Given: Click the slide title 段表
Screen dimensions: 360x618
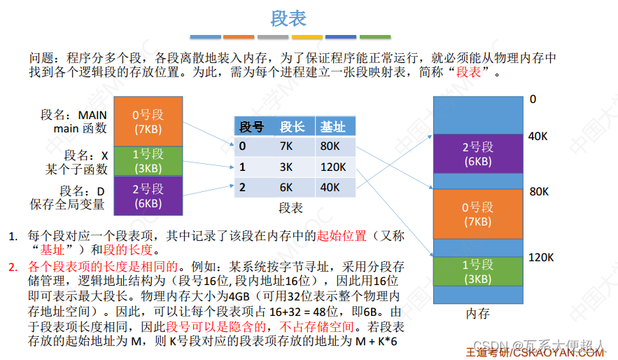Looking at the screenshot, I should [x=288, y=19].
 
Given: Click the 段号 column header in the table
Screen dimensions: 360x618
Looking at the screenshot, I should [x=251, y=127].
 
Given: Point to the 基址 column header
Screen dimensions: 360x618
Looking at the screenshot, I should [x=333, y=127].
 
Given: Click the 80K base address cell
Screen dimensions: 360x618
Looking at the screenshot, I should [x=330, y=146].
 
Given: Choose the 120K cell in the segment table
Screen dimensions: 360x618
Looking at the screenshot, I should [x=332, y=167].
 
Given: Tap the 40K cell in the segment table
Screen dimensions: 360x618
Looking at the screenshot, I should [x=330, y=188].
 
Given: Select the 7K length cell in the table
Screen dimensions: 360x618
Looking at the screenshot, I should [x=287, y=146].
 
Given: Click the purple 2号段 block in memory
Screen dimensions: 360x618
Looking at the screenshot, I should [x=478, y=154].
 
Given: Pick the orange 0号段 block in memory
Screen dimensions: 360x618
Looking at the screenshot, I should [x=478, y=214].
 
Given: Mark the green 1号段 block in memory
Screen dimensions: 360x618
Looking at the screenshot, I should [x=478, y=272].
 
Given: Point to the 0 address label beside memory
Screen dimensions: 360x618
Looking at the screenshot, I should [x=533, y=100].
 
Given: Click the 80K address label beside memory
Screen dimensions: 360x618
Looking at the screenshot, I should [x=538, y=191].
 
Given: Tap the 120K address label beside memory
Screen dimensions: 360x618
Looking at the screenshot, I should [x=541, y=258].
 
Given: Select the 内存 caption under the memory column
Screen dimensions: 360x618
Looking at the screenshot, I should [x=478, y=314].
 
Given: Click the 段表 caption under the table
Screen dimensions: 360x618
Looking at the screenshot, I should [x=290, y=208].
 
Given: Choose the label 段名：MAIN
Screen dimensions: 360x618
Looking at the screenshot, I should [x=74, y=115].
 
